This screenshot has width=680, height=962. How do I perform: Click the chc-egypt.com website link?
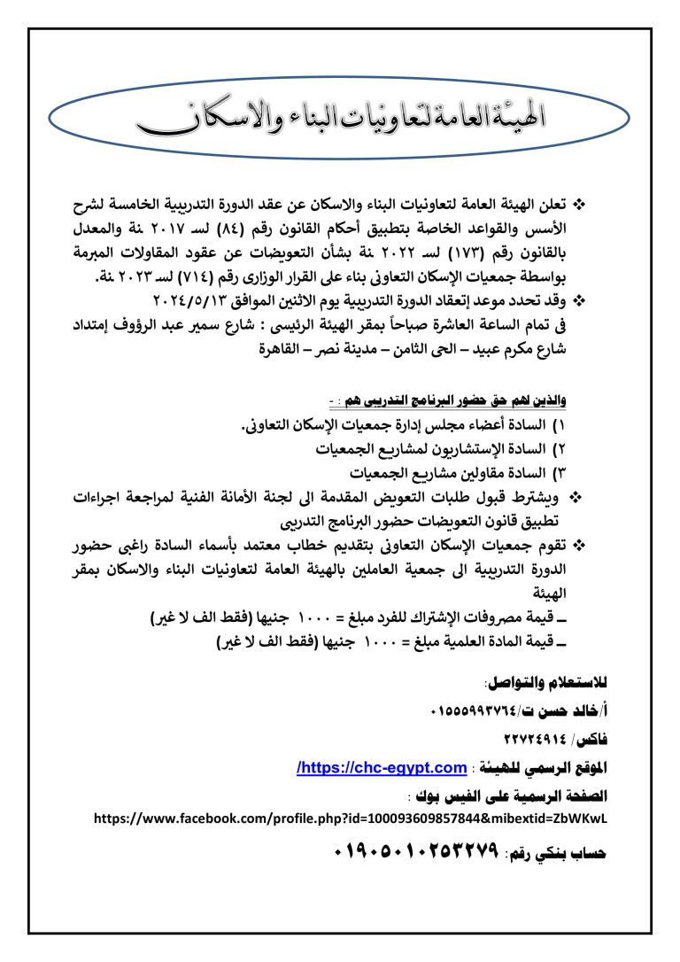pos(382,766)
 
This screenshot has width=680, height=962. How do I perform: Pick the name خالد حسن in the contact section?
pos(562,710)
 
